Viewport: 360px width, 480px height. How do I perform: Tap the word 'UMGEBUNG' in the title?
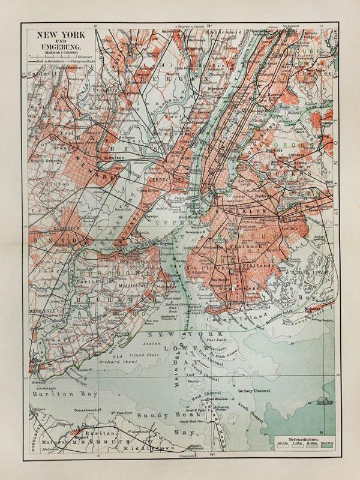(55, 47)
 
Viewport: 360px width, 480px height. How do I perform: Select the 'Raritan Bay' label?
(51, 397)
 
